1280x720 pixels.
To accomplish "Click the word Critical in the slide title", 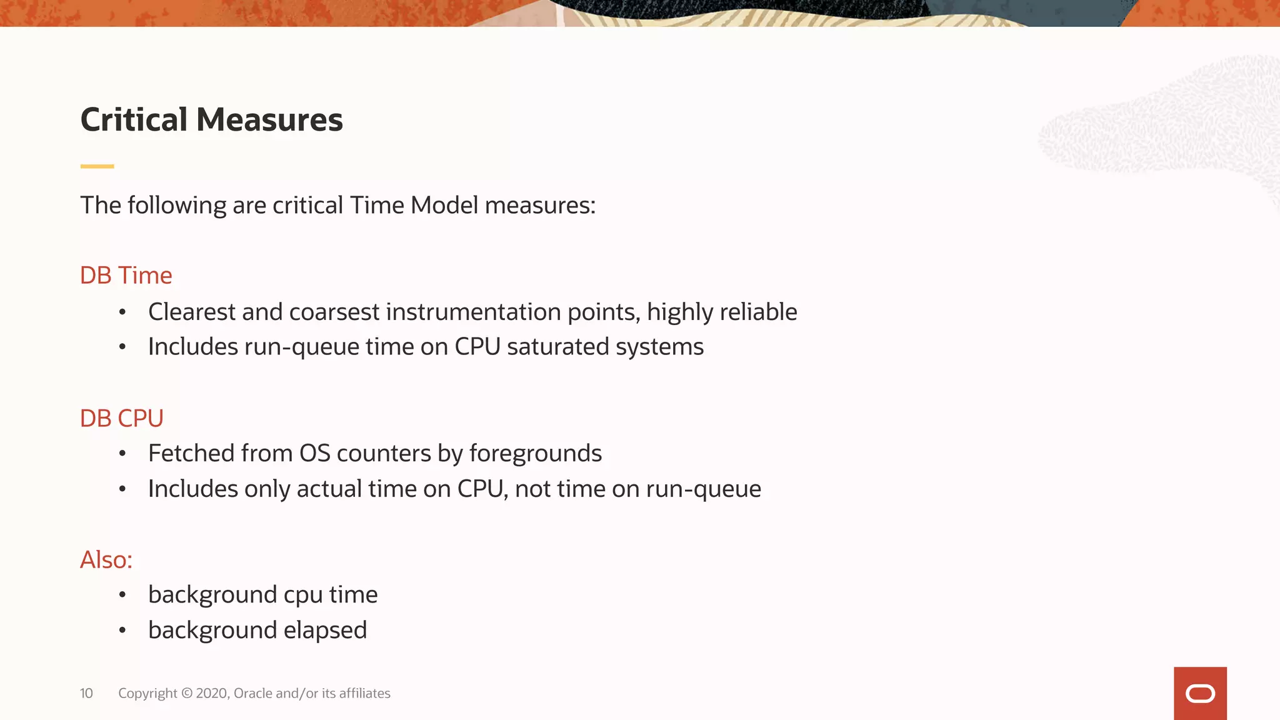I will (x=134, y=119).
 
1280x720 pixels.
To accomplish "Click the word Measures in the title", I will (x=269, y=119).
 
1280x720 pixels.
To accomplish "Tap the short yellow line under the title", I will (x=97, y=166).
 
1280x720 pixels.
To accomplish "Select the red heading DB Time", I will (x=126, y=275).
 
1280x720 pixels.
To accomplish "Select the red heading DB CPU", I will (x=121, y=418).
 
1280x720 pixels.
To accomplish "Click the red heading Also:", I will (x=106, y=559).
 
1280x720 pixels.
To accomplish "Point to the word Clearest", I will (x=192, y=312).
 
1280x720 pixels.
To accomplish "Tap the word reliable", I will (x=758, y=312).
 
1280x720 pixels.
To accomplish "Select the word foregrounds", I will (x=535, y=453).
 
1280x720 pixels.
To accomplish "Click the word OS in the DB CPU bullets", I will (x=314, y=453).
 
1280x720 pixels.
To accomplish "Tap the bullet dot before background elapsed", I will (x=122, y=631).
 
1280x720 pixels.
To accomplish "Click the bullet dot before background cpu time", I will (x=122, y=595).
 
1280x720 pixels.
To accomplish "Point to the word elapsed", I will (x=325, y=630).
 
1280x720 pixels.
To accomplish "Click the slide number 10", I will (x=86, y=693).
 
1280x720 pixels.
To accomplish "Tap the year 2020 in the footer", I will (x=211, y=693).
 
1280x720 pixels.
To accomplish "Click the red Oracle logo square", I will (x=1200, y=693).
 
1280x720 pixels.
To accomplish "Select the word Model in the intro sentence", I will (x=444, y=205).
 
